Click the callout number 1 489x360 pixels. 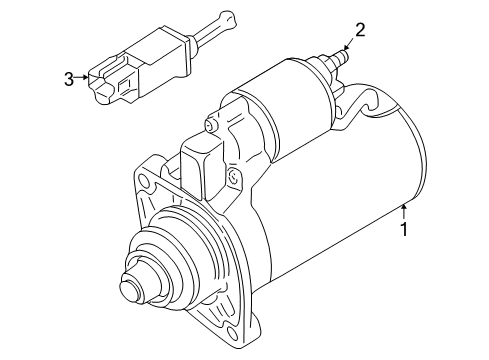pyautogui.click(x=404, y=229)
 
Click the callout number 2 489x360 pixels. pyautogui.click(x=360, y=30)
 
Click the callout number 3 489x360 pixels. pyautogui.click(x=69, y=79)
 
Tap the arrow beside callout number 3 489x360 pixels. pyautogui.click(x=81, y=77)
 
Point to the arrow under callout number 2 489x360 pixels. pyautogui.click(x=350, y=44)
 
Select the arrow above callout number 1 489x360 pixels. pyautogui.click(x=404, y=211)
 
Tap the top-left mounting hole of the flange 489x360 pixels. pyautogui.click(x=143, y=180)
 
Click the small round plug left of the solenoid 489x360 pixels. pyautogui.click(x=210, y=125)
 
